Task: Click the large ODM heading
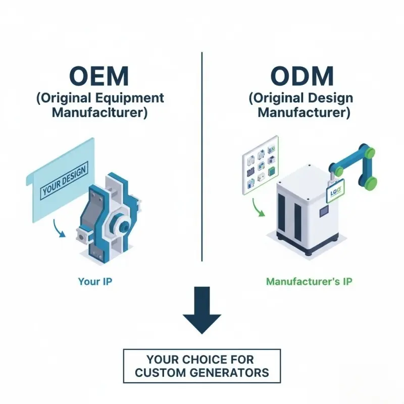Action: coord(302,76)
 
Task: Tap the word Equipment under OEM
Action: coord(134,97)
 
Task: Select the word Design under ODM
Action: coord(331,97)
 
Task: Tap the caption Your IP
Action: coord(95,281)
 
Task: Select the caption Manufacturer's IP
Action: coord(309,281)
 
